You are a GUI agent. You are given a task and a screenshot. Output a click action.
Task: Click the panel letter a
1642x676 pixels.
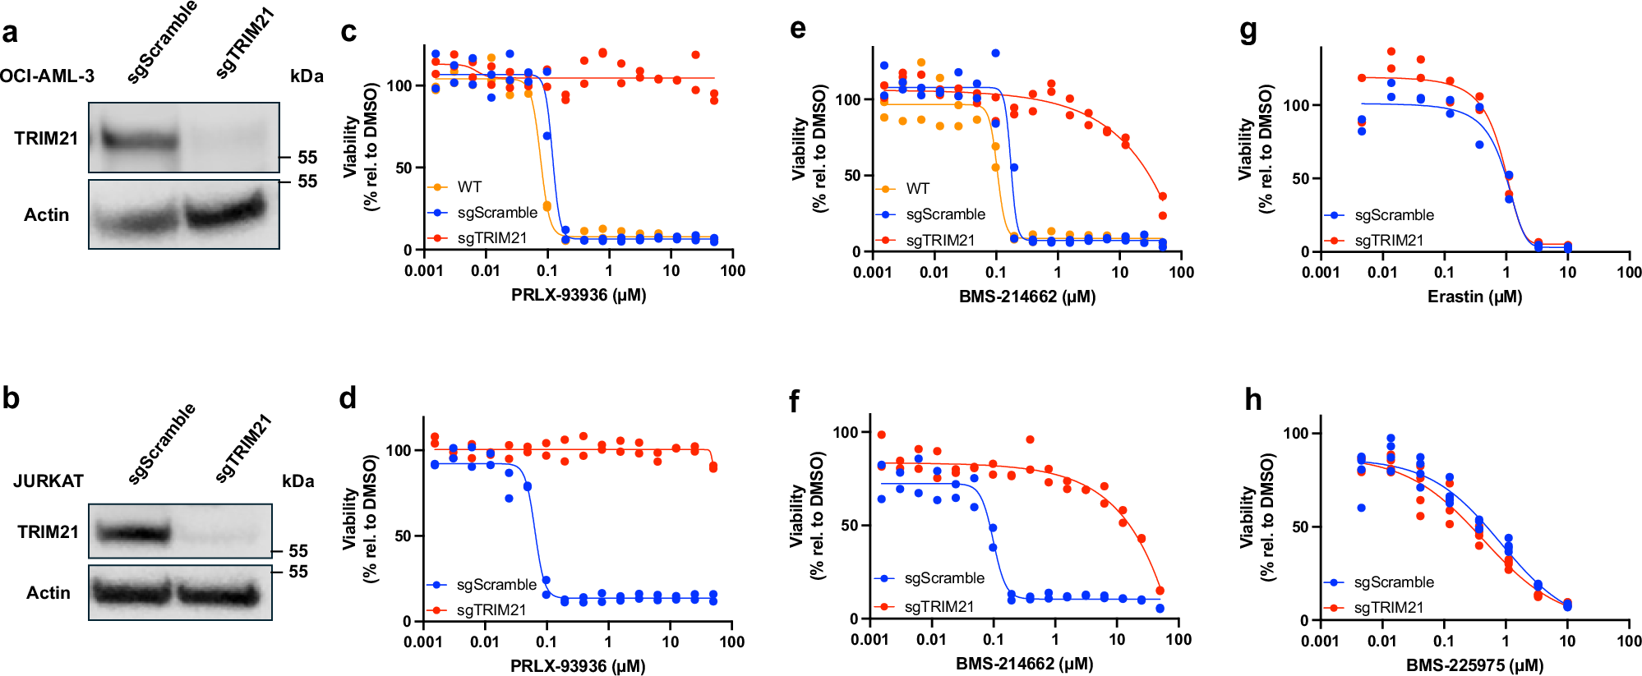tap(10, 33)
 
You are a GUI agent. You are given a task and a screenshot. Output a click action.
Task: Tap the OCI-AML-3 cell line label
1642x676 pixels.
tap(47, 76)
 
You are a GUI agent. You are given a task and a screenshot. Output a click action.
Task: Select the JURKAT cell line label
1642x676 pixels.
tap(48, 481)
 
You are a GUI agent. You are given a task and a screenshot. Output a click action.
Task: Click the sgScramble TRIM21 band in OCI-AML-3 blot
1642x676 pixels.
tap(139, 140)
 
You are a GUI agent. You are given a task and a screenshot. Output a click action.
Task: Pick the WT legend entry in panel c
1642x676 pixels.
tap(469, 187)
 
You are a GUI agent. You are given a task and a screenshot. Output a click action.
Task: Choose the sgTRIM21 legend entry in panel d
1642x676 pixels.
tap(491, 609)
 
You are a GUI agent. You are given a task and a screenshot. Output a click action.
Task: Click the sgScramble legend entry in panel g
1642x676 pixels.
tap(1394, 215)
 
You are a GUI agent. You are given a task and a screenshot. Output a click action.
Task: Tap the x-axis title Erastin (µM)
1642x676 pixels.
tap(1474, 297)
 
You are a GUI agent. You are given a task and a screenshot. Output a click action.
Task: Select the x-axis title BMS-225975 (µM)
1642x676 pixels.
tap(1474, 665)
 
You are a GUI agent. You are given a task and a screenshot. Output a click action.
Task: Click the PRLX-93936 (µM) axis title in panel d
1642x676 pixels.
tap(578, 665)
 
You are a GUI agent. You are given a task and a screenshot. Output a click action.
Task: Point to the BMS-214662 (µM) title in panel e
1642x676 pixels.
tap(1026, 297)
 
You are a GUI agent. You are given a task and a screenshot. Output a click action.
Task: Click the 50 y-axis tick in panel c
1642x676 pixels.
tap(404, 168)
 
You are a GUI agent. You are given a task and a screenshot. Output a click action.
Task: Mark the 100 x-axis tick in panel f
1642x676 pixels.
tap(1178, 639)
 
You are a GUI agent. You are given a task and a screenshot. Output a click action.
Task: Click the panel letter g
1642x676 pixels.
tap(1248, 31)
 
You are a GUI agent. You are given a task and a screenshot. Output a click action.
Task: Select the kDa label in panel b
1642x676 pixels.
tap(297, 481)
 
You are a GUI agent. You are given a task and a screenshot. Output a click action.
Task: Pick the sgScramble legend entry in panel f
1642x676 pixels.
tap(944, 578)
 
